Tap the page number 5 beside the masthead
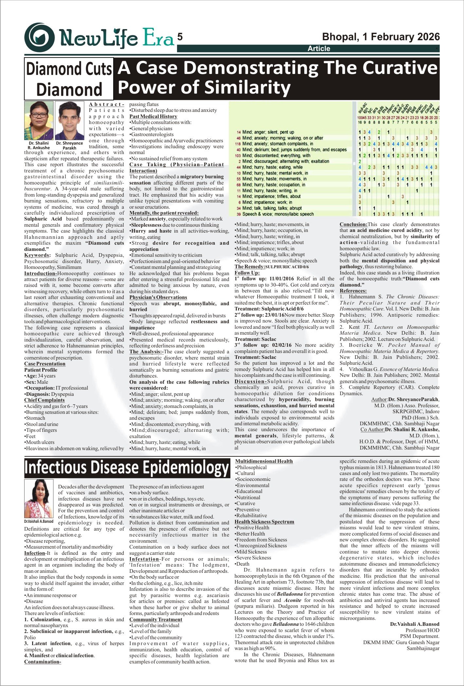180,37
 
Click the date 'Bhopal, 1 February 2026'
381,37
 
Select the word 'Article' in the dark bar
319,49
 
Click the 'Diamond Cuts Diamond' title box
69,79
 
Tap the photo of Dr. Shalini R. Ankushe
39,120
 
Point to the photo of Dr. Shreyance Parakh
69,120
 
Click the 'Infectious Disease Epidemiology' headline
127,468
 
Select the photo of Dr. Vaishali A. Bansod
39,499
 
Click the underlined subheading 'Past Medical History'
153,116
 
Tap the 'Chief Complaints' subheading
44,400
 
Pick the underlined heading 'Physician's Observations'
158,297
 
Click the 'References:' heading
353,291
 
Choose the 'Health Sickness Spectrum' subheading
264,522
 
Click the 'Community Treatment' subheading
156,620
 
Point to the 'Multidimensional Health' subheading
264,461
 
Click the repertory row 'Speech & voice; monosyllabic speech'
278,214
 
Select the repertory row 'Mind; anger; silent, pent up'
268,132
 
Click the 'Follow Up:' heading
247,273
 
